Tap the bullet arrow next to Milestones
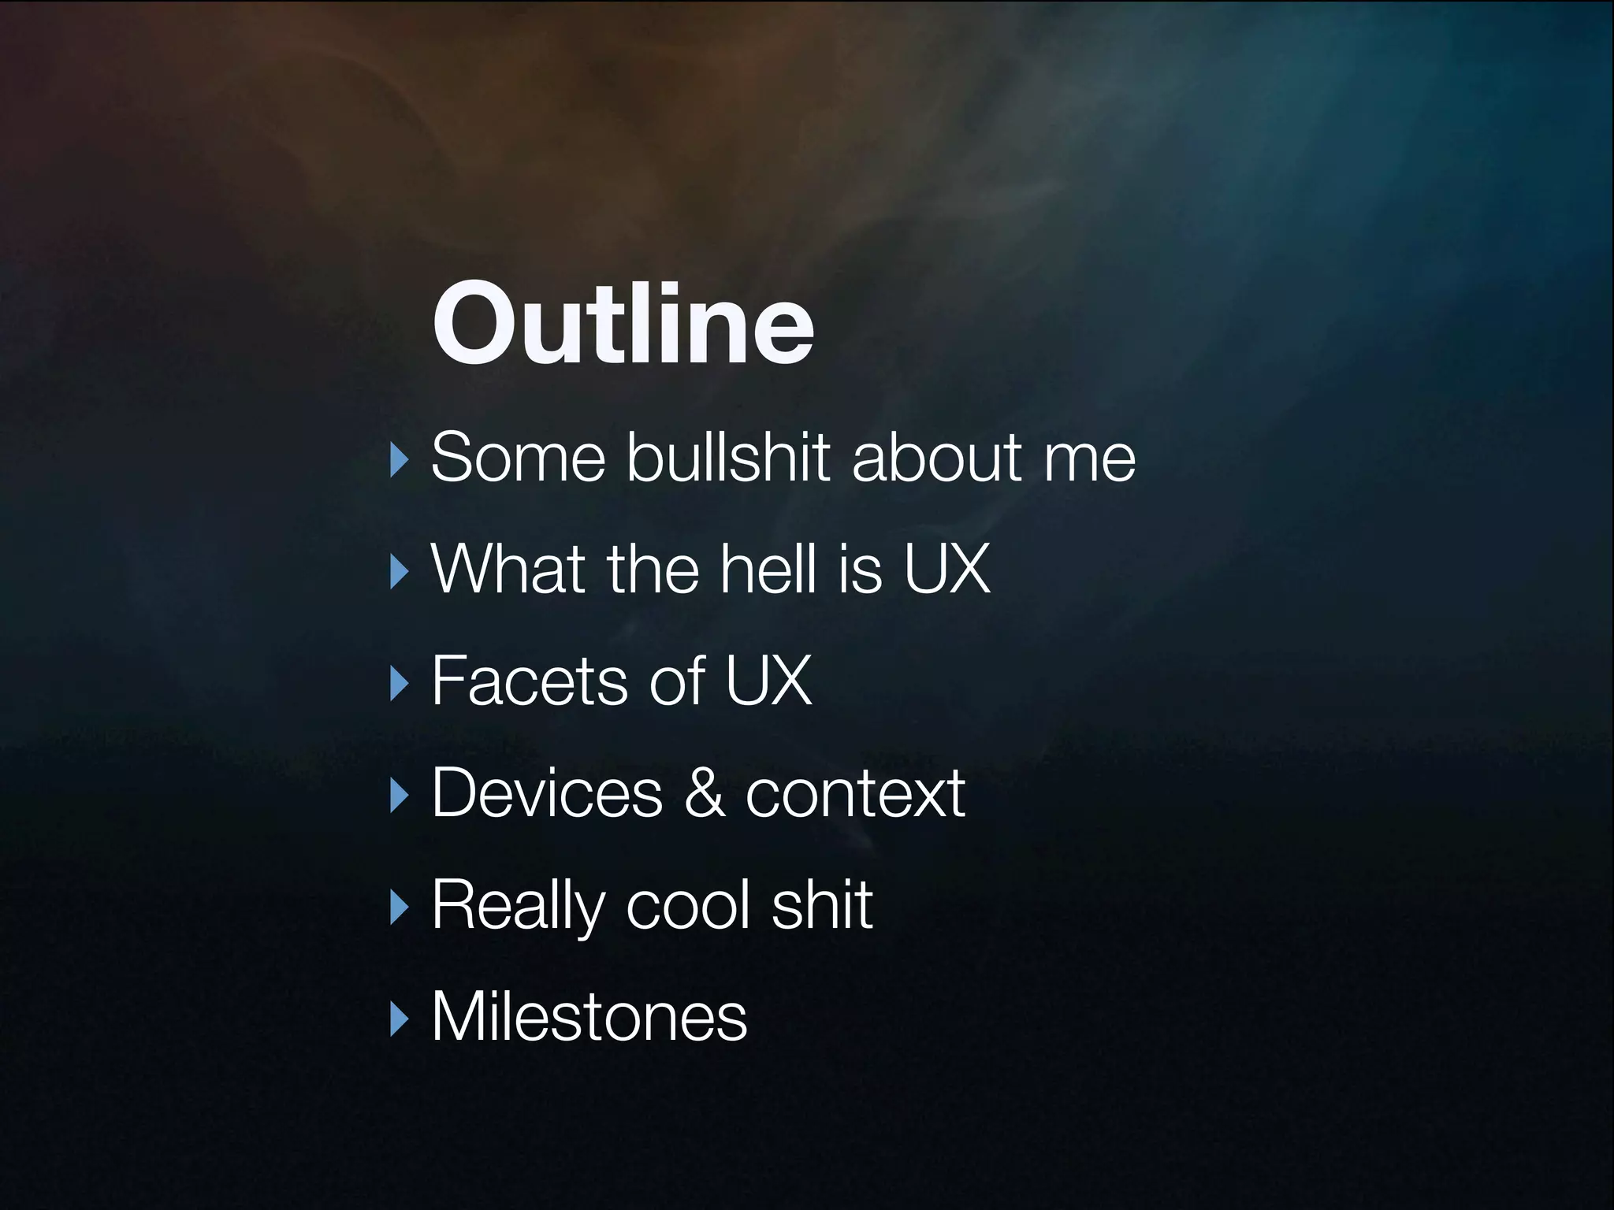point(400,1019)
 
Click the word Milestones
point(589,1017)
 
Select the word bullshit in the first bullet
point(729,457)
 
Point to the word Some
point(518,457)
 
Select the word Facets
point(530,681)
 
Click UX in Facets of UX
point(768,681)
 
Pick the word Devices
point(547,792)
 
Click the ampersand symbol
point(704,792)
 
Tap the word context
point(855,792)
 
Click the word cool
point(688,906)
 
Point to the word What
point(508,569)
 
